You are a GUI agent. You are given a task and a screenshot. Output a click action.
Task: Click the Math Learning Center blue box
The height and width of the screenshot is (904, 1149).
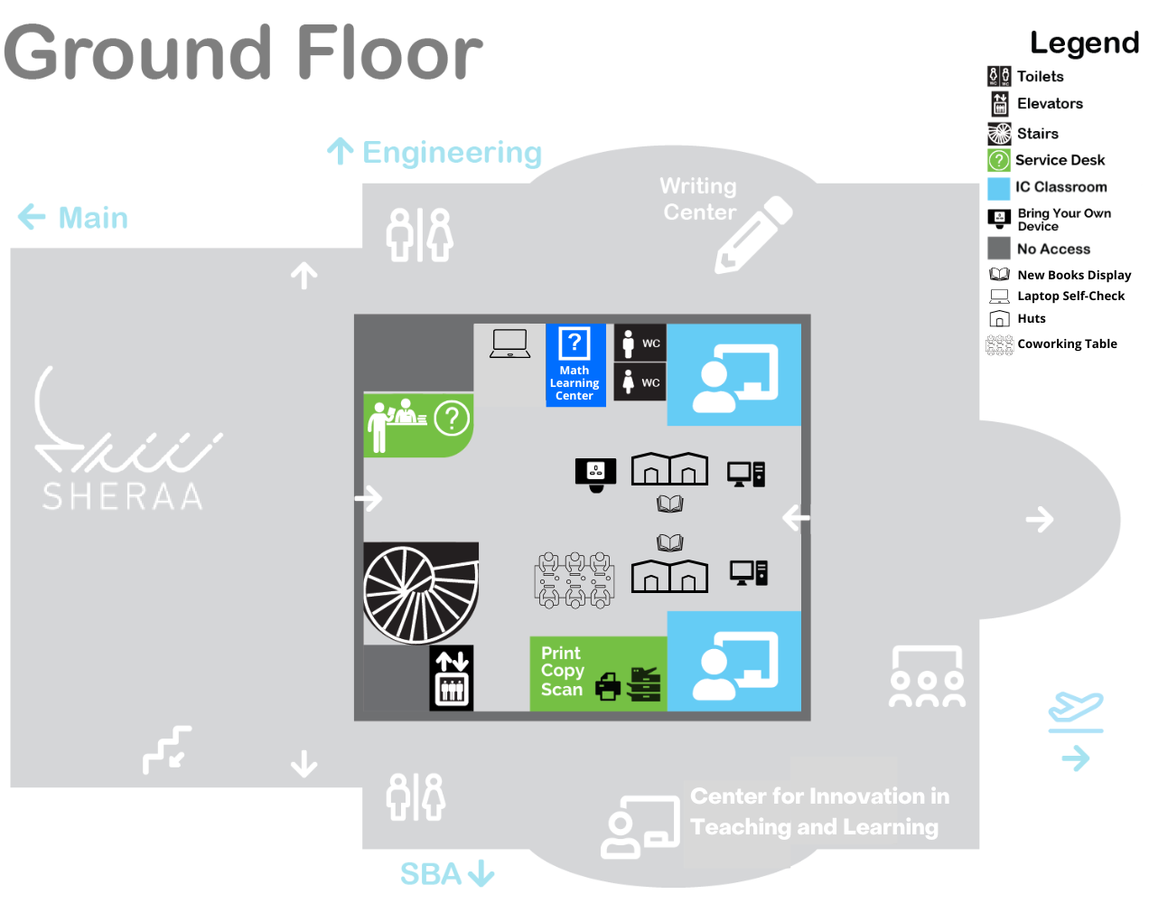(x=575, y=365)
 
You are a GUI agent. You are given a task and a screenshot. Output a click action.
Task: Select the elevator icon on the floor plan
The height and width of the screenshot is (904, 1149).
(x=451, y=678)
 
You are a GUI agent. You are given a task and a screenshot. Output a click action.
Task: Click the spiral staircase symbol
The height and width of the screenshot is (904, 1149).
(x=420, y=593)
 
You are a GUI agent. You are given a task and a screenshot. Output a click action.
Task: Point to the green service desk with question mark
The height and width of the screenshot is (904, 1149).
(x=417, y=424)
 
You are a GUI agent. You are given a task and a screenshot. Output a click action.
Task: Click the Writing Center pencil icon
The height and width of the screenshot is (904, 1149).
(x=752, y=234)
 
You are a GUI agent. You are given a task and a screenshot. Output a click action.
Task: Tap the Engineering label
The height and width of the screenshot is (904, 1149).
(x=451, y=153)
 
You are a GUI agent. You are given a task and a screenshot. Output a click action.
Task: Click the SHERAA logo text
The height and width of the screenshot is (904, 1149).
(x=124, y=496)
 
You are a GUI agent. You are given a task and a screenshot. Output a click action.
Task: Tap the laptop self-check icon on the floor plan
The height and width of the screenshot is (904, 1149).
(x=509, y=344)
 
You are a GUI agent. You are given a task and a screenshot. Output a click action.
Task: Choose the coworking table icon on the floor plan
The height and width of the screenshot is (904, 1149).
(x=574, y=580)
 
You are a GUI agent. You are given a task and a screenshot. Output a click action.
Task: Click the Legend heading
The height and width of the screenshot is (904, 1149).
(x=1084, y=42)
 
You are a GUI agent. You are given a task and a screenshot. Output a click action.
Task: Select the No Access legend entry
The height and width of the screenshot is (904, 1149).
(x=1052, y=249)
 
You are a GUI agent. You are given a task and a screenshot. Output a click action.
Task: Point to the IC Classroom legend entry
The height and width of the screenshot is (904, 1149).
(x=1060, y=187)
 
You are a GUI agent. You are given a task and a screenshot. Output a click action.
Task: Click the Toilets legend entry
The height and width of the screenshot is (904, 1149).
(x=1039, y=77)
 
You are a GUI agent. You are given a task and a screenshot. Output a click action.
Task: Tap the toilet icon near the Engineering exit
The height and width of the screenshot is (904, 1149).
(x=419, y=235)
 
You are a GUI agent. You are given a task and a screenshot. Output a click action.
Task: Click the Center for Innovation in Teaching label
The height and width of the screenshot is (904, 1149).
(x=818, y=811)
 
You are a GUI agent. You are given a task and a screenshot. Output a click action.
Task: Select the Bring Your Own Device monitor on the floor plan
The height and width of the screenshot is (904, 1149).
(x=595, y=474)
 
